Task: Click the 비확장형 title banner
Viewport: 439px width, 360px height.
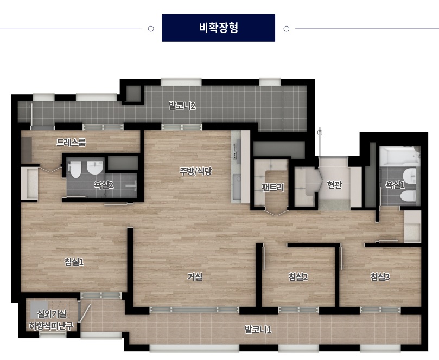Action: coord(218,28)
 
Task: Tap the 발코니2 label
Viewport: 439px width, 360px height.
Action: coord(182,106)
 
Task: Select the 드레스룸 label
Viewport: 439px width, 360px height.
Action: coord(71,143)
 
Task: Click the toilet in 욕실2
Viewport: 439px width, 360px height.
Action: coord(75,169)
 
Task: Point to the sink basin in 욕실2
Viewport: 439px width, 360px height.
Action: coord(95,168)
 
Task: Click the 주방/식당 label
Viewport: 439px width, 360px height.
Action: coord(196,171)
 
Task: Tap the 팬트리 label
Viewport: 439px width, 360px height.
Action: coord(273,187)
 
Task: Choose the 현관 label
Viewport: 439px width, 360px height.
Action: coord(334,185)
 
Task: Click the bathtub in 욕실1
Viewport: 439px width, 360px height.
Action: coord(400,156)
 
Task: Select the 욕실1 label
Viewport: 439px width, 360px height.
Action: coord(395,185)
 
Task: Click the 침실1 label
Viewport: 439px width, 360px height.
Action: coord(74,262)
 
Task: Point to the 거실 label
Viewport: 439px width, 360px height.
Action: coord(195,277)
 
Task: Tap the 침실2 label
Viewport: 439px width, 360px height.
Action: coord(298,277)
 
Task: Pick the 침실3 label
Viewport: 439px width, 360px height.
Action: coord(380,277)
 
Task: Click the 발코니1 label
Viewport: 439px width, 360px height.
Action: coord(258,330)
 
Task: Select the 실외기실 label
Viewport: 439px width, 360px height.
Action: coord(52,314)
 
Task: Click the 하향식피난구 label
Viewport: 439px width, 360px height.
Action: coord(51,326)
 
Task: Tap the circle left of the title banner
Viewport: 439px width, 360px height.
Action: coord(151,29)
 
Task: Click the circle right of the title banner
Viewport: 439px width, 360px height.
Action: coord(287,29)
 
